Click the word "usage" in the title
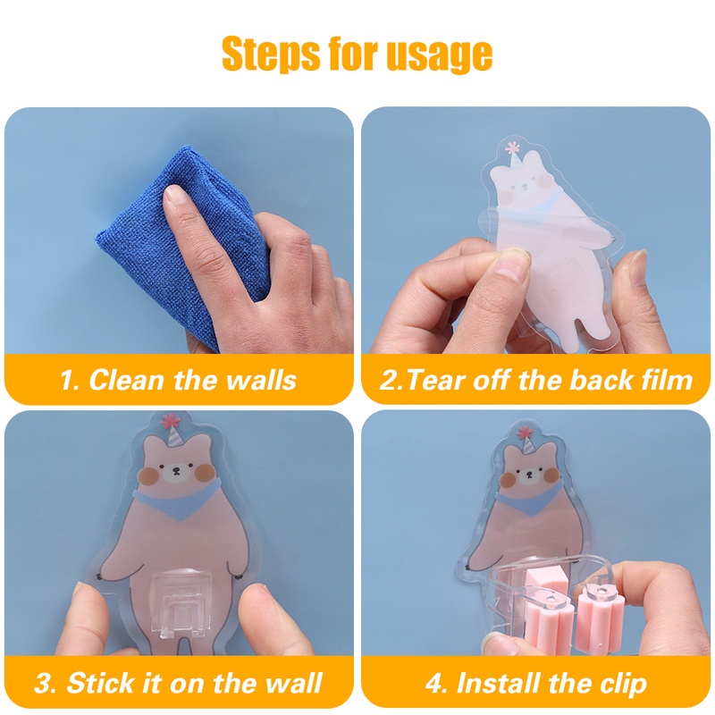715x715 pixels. point(439,55)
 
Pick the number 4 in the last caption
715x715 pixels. point(433,684)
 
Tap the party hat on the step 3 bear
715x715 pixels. point(172,433)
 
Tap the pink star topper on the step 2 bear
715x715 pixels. point(513,147)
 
